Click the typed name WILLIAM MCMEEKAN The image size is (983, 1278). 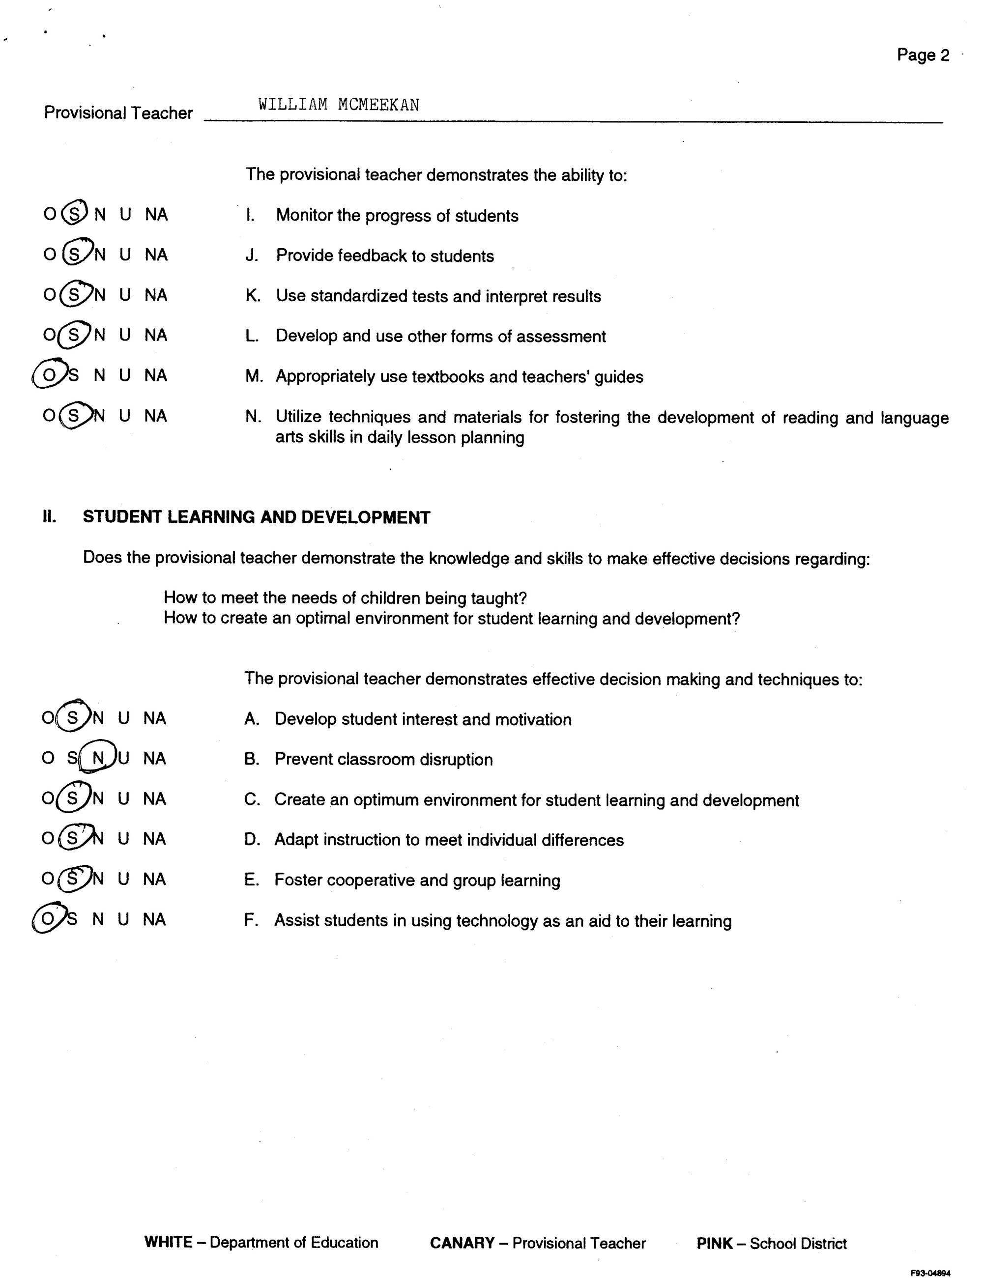[x=339, y=105]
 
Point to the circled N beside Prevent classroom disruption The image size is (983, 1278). [x=98, y=758]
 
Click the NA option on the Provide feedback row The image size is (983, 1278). [x=156, y=255]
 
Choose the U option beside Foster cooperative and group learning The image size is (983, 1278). [x=123, y=879]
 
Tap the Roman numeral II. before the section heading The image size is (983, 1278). [x=50, y=517]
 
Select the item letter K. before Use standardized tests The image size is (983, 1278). [x=253, y=296]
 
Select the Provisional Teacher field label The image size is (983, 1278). [x=118, y=113]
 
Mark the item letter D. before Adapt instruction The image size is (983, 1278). [x=252, y=840]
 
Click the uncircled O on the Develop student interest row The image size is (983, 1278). [x=47, y=718]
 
